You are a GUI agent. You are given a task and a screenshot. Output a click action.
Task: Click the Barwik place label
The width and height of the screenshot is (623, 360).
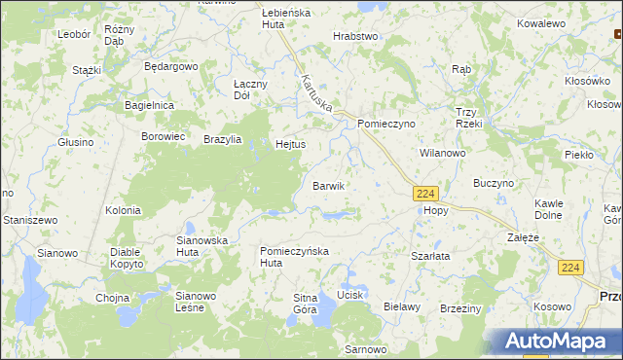click(328, 185)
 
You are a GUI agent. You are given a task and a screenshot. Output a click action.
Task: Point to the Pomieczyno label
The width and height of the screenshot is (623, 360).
click(386, 125)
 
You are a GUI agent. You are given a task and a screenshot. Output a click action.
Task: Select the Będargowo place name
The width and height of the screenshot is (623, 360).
click(170, 66)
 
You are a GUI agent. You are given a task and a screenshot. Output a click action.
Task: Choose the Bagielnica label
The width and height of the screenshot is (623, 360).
click(149, 104)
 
